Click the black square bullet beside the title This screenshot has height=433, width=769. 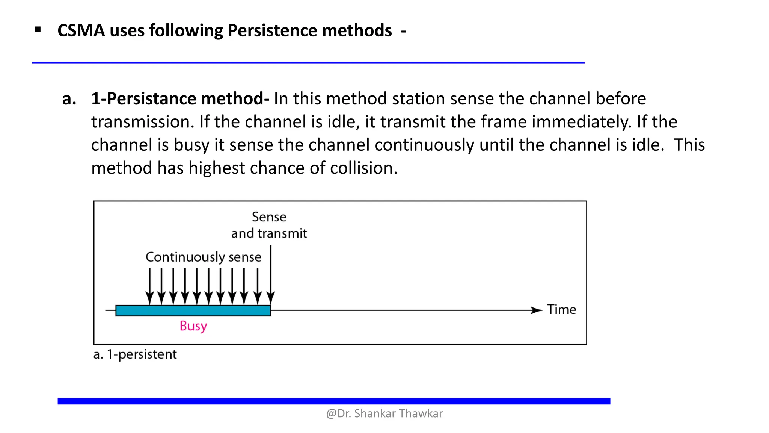pyautogui.click(x=38, y=30)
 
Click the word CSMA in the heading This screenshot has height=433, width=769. pyautogui.click(x=81, y=30)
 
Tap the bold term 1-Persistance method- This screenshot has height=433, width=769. pyautogui.click(x=180, y=99)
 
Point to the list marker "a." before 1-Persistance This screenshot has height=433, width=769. pyautogui.click(x=69, y=99)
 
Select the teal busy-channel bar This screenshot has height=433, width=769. pyautogui.click(x=193, y=310)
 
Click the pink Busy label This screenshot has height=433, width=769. pyautogui.click(x=193, y=326)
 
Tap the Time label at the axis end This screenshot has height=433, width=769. pyautogui.click(x=561, y=310)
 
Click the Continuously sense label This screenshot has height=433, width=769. pyautogui.click(x=203, y=257)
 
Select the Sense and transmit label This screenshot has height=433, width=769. pyautogui.click(x=269, y=225)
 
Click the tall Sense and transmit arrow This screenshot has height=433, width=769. pyautogui.click(x=270, y=274)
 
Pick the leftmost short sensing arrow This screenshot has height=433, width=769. pyautogui.click(x=149, y=286)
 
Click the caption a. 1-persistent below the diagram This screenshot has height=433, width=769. pyautogui.click(x=135, y=354)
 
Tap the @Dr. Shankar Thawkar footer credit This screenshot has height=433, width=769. pyautogui.click(x=384, y=413)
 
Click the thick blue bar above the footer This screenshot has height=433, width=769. pyautogui.click(x=333, y=401)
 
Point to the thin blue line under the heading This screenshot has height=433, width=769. pyautogui.click(x=308, y=62)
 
